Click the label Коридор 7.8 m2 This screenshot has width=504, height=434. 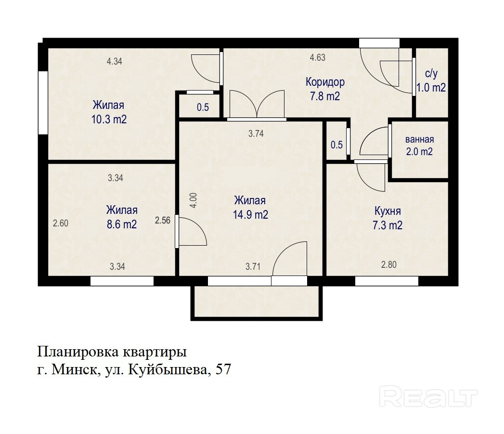tap(325, 89)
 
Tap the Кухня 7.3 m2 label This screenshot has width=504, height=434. tap(388, 218)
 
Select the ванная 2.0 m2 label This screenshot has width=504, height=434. tap(419, 145)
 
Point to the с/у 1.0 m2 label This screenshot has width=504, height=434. tap(431, 81)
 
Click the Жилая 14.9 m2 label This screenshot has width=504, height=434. tap(250, 208)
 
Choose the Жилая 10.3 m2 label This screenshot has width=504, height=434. tap(109, 112)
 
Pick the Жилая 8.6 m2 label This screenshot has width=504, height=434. tap(122, 217)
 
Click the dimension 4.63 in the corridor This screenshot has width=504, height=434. tap(318, 58)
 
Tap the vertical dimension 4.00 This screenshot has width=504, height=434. tap(193, 200)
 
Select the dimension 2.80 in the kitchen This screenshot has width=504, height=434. tap(388, 265)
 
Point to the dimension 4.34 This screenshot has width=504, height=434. tap(115, 61)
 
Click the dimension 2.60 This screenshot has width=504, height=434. tap(61, 223)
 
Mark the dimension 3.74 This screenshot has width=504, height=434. tap(256, 133)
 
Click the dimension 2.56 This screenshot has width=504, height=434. tap(163, 221)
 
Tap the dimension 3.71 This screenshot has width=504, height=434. tap(253, 266)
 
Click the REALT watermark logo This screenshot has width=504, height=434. tap(428, 397)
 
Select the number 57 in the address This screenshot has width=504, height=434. tap(223, 369)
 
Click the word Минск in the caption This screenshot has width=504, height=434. tap(75, 369)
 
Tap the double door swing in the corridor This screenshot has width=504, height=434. tap(257, 104)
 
